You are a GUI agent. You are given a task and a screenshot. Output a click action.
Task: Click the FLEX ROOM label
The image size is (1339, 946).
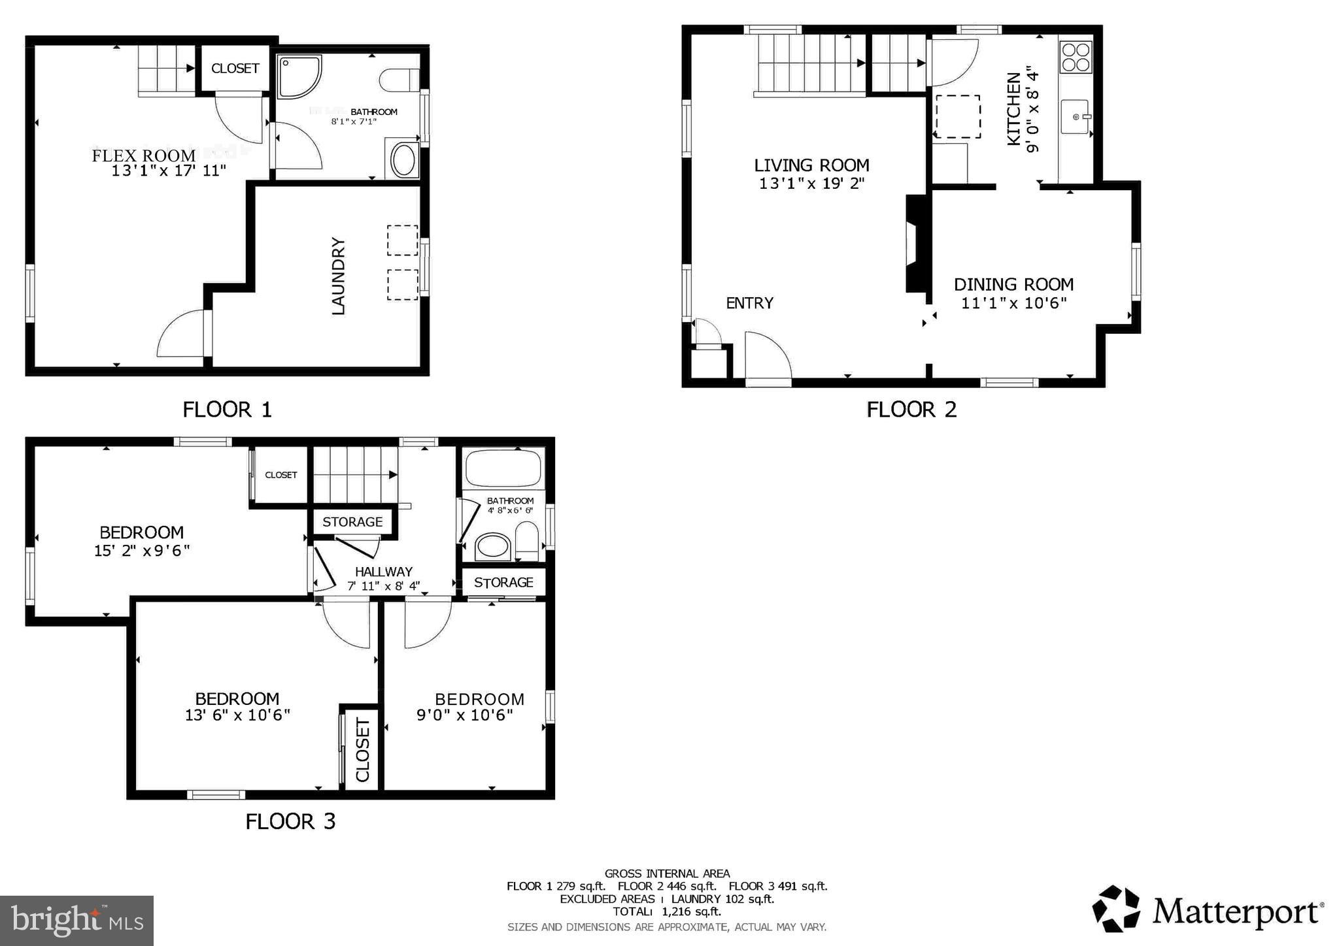coord(143,155)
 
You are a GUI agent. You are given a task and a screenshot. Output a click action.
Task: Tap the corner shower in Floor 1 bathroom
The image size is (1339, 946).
coord(299,76)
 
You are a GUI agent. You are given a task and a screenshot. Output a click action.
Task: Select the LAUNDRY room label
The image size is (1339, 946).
coord(338,276)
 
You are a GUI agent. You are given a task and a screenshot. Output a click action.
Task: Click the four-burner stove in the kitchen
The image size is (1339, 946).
coord(1076,57)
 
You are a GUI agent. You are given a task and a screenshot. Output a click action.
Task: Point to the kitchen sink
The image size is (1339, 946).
coord(1074,117)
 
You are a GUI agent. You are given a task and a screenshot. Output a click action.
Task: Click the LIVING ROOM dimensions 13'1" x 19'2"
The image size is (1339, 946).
coord(811,184)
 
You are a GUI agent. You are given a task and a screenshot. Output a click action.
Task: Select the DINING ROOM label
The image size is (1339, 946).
coord(1013,284)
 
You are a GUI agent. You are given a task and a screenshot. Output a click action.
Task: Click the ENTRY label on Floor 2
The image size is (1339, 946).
coord(749,303)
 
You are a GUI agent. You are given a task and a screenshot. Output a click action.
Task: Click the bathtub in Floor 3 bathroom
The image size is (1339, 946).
coord(503,468)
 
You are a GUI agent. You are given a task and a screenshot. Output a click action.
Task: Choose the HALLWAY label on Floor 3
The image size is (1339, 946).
coord(384,572)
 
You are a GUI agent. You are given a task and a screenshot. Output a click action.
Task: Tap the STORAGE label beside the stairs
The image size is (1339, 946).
coord(352,522)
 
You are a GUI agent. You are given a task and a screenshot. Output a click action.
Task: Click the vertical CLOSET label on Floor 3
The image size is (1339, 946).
coord(363,749)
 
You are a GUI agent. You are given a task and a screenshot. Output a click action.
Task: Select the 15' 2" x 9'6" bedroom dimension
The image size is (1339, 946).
coord(142,551)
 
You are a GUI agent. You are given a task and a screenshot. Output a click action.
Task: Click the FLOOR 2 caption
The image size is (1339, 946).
coord(911,410)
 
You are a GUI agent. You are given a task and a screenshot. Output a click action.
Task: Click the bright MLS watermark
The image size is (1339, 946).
coord(77,921)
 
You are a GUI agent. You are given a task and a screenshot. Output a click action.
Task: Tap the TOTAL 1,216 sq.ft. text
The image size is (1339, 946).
coord(666,911)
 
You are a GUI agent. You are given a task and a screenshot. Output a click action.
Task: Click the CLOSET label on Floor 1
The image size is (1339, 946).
coord(235,69)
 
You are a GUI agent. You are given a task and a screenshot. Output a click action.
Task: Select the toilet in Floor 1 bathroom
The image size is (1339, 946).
coord(398,80)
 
